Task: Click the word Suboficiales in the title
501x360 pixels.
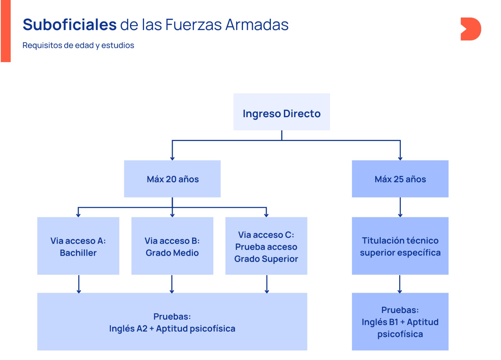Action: [70, 25]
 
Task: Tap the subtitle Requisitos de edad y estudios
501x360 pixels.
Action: [78, 45]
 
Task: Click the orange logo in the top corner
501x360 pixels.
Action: [470, 29]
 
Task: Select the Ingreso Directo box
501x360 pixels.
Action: [281, 112]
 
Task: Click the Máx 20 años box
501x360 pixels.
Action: [172, 179]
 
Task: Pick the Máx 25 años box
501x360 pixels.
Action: [400, 179]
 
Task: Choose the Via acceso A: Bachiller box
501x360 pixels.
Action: [78, 246]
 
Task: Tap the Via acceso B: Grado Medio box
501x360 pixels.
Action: [172, 246]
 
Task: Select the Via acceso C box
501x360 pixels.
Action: [266, 246]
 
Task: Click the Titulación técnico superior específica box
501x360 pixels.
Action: [400, 246]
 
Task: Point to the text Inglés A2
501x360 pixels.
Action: [128, 329]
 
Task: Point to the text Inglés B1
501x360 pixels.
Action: [380, 322]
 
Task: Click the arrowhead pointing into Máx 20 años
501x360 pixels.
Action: [172, 158]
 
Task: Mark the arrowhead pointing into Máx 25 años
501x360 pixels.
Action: [400, 158]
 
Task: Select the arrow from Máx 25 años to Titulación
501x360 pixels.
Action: [400, 207]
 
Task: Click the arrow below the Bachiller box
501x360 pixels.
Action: [79, 284]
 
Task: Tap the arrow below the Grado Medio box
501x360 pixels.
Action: [172, 284]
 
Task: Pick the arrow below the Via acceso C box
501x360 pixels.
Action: [267, 284]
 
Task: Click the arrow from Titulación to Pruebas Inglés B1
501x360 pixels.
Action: [400, 284]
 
